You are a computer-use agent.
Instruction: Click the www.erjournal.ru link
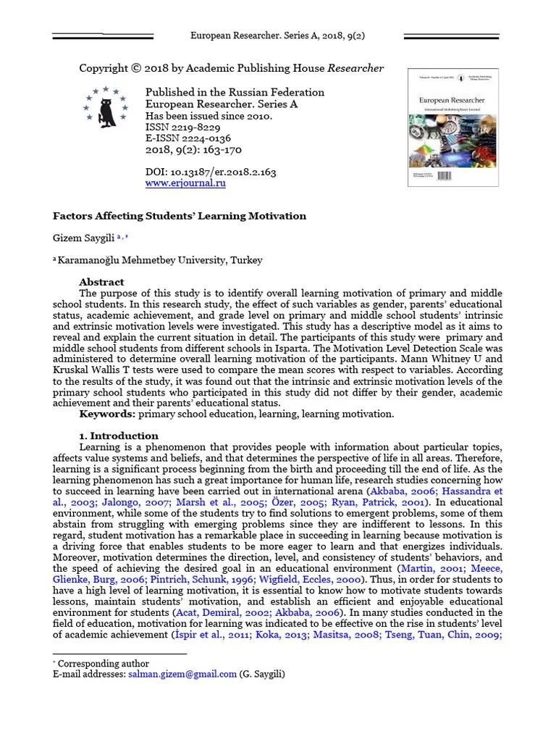(185, 184)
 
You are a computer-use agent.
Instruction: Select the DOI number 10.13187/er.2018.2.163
(222, 172)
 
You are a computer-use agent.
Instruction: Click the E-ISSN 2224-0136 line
(188, 138)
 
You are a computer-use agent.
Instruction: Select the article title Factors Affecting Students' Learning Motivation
(180, 216)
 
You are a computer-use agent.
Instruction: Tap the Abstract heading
(101, 282)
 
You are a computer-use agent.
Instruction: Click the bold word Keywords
(107, 414)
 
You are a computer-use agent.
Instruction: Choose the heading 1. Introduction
(119, 435)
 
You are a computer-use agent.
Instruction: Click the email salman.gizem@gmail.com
(182, 674)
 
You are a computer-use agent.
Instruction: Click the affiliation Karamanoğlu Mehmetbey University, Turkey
(160, 260)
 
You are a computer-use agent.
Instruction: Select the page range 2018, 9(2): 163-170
(193, 150)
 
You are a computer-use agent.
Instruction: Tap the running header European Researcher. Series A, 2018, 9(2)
(277, 36)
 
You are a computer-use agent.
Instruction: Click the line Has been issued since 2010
(209, 116)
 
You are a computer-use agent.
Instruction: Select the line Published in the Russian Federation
(235, 93)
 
